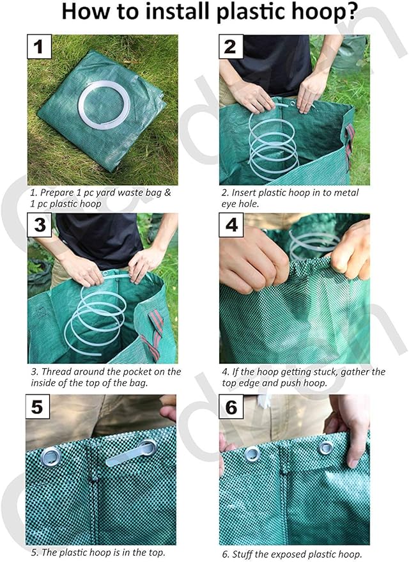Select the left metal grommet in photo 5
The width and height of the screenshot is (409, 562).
click(51, 456)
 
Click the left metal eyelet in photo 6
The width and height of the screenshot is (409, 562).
click(252, 453)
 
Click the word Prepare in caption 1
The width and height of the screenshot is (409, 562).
click(57, 192)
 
